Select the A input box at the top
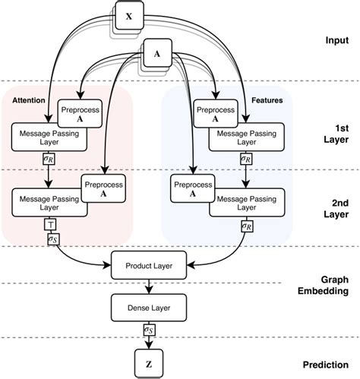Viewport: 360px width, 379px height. [x=156, y=54]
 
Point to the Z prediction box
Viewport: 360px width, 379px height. [x=149, y=362]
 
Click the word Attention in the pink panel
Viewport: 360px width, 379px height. [x=28, y=99]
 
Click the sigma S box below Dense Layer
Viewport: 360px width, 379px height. [x=149, y=331]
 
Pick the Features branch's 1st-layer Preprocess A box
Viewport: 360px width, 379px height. [x=194, y=114]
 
